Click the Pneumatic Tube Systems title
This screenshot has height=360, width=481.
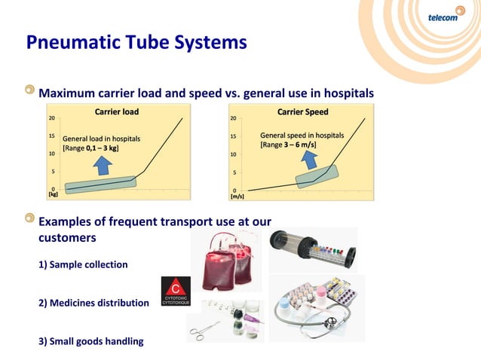click(x=136, y=42)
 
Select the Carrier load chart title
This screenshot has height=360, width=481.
click(x=116, y=112)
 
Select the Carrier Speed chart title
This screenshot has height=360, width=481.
click(x=302, y=112)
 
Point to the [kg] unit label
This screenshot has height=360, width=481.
click(x=53, y=194)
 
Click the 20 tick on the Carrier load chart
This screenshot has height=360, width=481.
click(x=51, y=119)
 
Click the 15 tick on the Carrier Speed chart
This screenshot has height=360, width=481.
click(x=235, y=137)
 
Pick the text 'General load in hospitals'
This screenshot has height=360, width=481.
click(x=100, y=139)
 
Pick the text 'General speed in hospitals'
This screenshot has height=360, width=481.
click(x=302, y=136)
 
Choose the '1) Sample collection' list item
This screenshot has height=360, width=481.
click(x=83, y=265)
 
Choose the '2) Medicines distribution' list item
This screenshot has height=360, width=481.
click(x=93, y=303)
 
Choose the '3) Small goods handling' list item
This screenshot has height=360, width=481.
click(x=90, y=341)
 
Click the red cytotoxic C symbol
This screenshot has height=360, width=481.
click(x=176, y=287)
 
